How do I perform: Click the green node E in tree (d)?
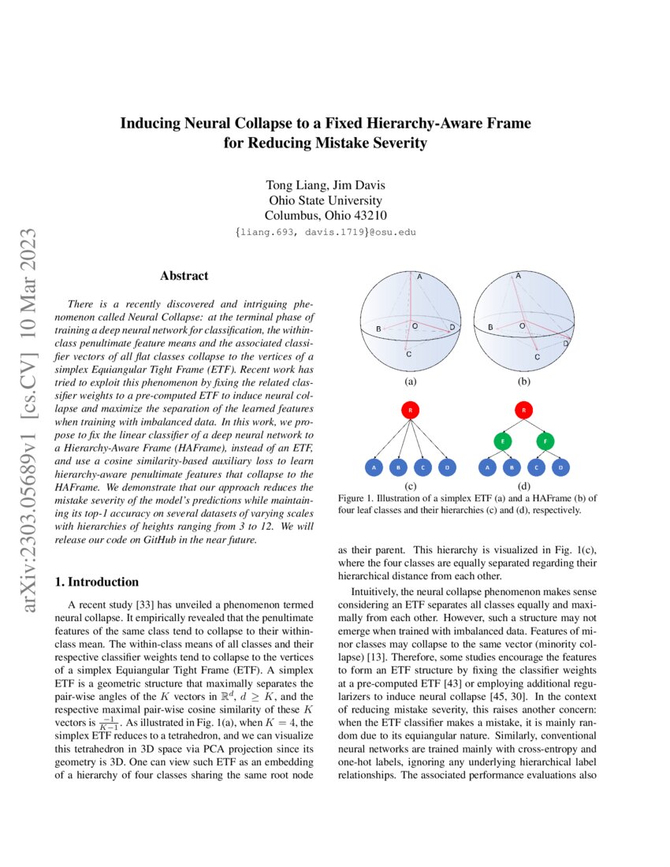pyautogui.click(x=501, y=441)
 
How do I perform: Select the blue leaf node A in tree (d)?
pyautogui.click(x=489, y=467)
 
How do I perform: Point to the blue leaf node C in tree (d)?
pyautogui.click(x=537, y=467)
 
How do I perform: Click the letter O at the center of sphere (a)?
pyautogui.click(x=415, y=326)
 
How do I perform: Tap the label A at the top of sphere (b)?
pyautogui.click(x=518, y=276)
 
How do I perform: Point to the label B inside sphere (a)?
pyautogui.click(x=379, y=328)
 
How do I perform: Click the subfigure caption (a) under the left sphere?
pyautogui.click(x=409, y=381)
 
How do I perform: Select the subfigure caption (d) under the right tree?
pyautogui.click(x=524, y=486)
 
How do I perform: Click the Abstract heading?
pyautogui.click(x=184, y=276)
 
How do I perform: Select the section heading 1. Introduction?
pyautogui.click(x=95, y=582)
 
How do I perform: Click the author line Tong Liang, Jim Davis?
pyautogui.click(x=326, y=186)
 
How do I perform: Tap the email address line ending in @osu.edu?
pyautogui.click(x=326, y=233)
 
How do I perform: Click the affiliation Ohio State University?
pyautogui.click(x=326, y=200)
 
